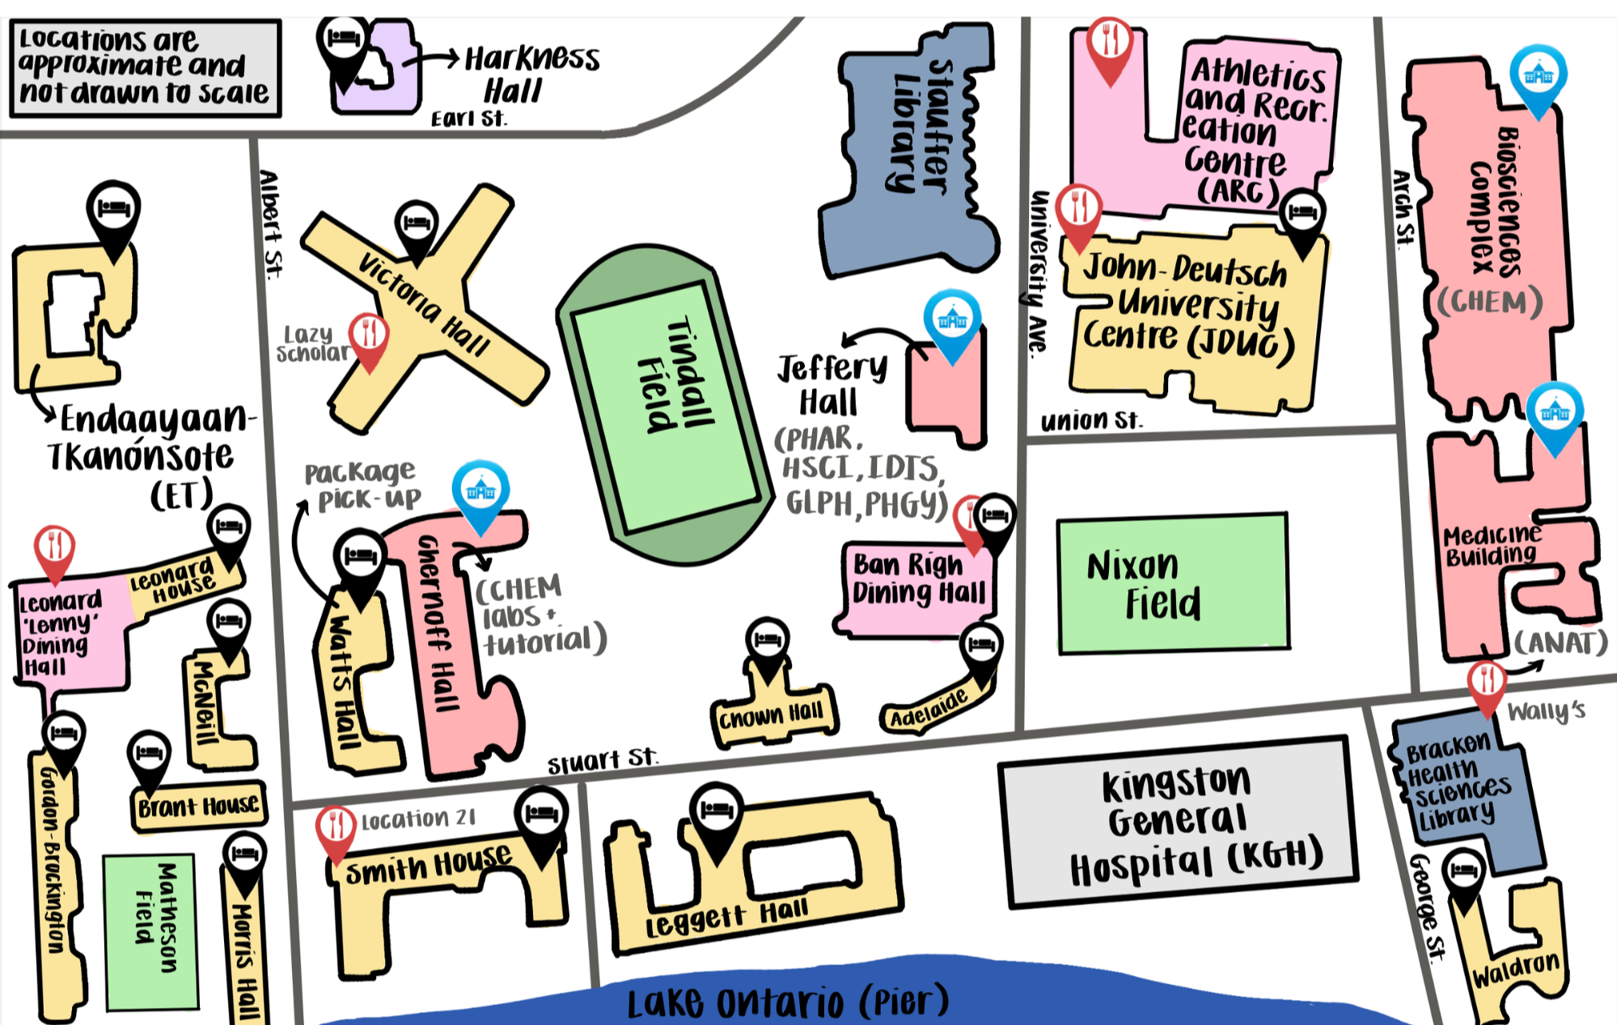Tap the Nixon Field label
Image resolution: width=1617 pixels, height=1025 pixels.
point(1144,584)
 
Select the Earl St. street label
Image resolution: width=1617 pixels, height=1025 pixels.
point(469,119)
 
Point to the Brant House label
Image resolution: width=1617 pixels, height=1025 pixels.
point(198,807)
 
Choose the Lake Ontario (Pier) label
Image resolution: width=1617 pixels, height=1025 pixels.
point(788,1003)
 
